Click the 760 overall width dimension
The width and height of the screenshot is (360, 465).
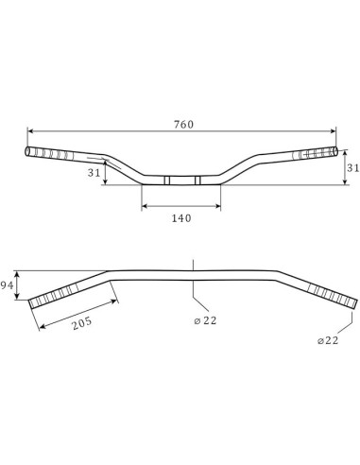point(183,125)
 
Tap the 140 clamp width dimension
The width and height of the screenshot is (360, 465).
point(181,218)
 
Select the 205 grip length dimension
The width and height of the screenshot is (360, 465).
point(82,323)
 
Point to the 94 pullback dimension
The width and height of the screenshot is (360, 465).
point(7,285)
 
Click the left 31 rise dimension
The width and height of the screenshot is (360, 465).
point(94,173)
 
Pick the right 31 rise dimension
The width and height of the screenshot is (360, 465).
point(352,168)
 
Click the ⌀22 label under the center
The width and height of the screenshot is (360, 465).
point(205,320)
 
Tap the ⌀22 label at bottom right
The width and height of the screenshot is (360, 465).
point(328,340)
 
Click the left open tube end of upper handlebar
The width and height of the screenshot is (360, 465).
point(27,151)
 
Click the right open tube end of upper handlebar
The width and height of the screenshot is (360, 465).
point(335,151)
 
